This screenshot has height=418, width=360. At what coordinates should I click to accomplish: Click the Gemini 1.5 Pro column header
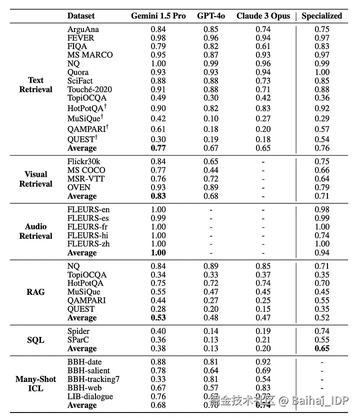coord(158,16)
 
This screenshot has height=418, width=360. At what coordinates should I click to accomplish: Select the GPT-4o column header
coord(210,16)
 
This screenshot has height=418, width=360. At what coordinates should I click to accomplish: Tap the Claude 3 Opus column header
coord(263,16)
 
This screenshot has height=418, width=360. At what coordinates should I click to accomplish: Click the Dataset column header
coord(81,16)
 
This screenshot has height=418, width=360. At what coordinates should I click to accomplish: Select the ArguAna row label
coord(83,29)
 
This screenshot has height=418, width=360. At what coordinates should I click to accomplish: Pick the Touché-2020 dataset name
coord(90,89)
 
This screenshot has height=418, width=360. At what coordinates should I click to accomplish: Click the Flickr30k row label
coord(84,161)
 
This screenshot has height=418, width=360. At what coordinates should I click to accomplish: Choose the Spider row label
coord(78,331)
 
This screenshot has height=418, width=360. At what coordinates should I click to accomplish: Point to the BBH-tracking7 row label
coord(93,379)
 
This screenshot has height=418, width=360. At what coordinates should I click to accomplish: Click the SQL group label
coord(35,340)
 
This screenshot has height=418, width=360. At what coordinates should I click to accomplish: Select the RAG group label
coord(35,292)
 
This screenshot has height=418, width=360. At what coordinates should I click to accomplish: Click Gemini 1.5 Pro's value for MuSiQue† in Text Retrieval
coord(158,119)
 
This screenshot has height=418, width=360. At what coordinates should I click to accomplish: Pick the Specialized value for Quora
coord(322,72)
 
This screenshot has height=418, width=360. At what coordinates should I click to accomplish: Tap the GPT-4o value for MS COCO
coord(210,170)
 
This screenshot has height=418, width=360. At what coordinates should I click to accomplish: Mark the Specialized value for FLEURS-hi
coord(322,235)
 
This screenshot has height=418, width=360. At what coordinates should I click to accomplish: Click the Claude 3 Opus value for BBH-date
coord(263,362)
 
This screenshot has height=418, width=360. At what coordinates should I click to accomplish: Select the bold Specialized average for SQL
coord(322,348)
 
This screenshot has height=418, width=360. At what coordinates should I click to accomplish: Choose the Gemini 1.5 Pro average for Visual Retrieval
coord(158,196)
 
